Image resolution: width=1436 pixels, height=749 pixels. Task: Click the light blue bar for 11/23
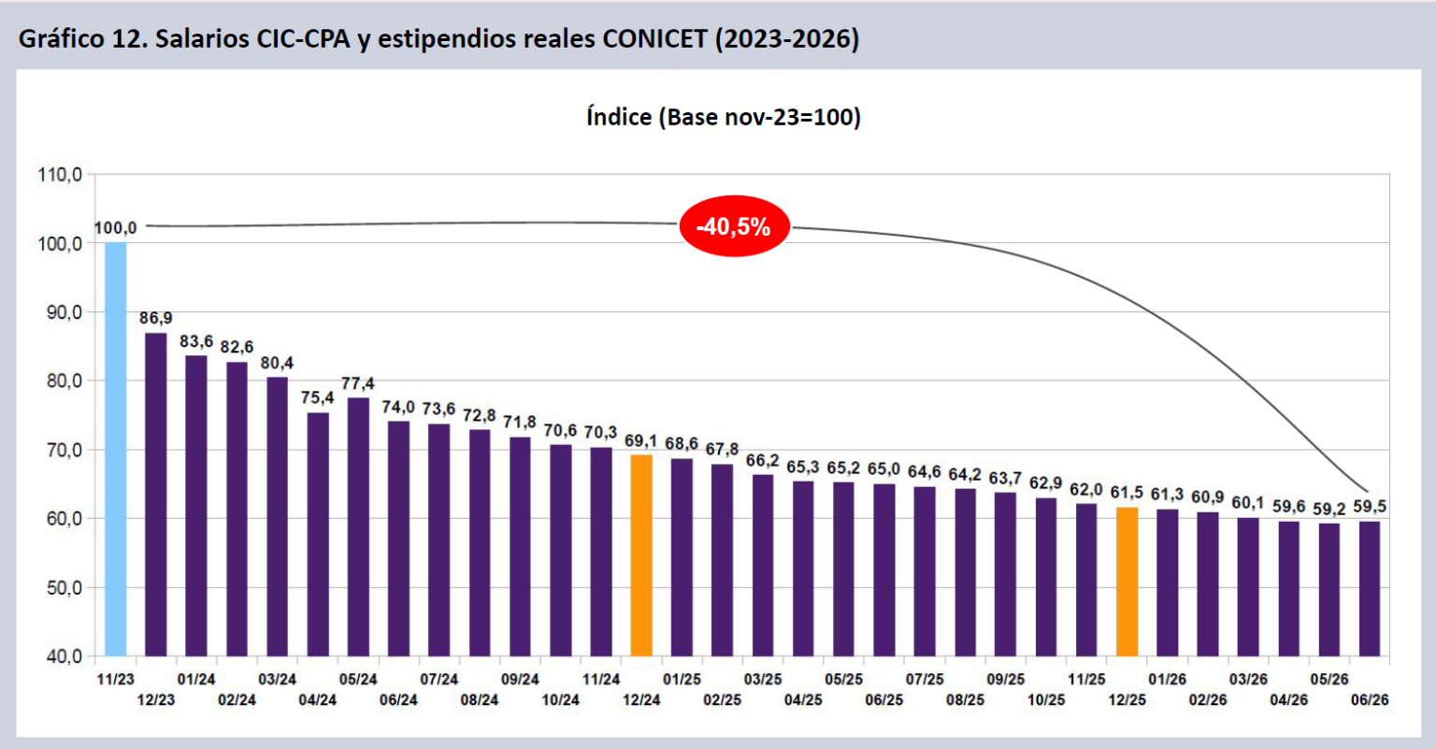[x=115, y=449]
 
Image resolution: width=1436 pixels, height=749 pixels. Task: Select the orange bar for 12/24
[x=641, y=555]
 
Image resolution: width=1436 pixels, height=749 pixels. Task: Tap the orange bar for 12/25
[x=1127, y=582]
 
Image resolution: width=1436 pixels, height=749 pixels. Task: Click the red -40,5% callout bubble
[x=735, y=226]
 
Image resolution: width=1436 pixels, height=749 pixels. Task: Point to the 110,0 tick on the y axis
[x=60, y=175]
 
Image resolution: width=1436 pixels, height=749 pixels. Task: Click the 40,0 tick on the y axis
[x=65, y=656]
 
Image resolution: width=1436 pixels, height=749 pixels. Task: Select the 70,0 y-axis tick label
[x=65, y=450]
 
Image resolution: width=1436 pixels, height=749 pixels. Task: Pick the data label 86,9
[x=156, y=317]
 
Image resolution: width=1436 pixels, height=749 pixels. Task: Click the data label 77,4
[x=358, y=383]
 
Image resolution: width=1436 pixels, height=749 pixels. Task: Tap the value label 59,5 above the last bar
[x=1370, y=507]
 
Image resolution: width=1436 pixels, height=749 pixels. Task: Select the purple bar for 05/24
[x=358, y=526]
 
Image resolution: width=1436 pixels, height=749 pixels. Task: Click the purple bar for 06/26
[x=1370, y=589]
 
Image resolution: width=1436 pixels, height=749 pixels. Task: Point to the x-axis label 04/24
[x=317, y=699]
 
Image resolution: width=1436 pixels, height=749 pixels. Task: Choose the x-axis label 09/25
[x=1006, y=679]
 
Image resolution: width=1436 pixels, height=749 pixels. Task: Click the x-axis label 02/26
[x=1208, y=699]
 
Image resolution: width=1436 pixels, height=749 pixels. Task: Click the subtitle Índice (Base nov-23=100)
[x=724, y=117]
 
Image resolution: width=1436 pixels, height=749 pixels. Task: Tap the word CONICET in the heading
[x=654, y=38]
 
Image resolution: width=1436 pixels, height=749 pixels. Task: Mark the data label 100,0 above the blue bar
[x=115, y=227]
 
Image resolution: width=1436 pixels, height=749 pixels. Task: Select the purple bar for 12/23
[x=156, y=495]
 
